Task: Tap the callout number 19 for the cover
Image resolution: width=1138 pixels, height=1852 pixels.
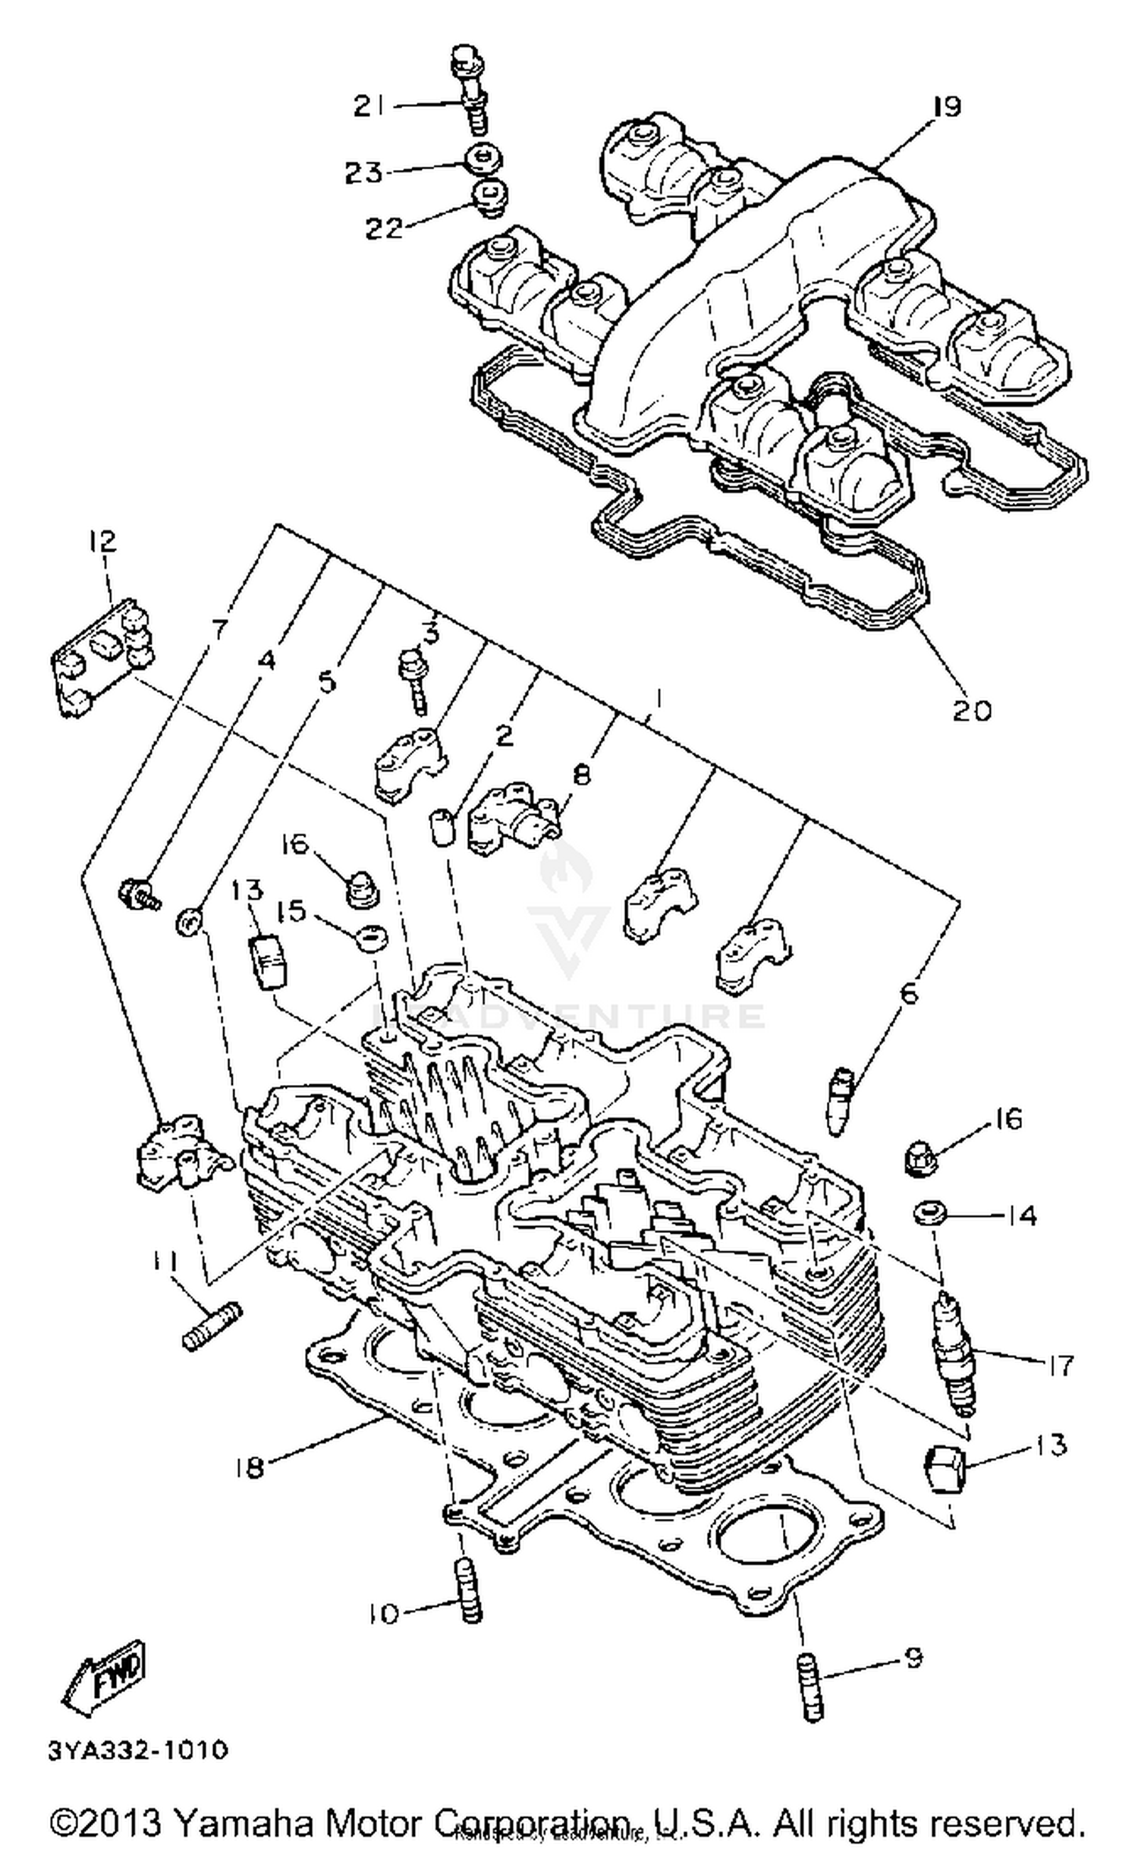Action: pyautogui.click(x=946, y=106)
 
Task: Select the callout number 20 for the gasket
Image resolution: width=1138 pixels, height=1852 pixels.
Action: pyautogui.click(x=971, y=710)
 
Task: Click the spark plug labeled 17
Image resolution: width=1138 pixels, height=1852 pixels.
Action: pyautogui.click(x=951, y=1352)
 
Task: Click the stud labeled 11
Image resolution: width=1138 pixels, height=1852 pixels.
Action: pyautogui.click(x=211, y=1325)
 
